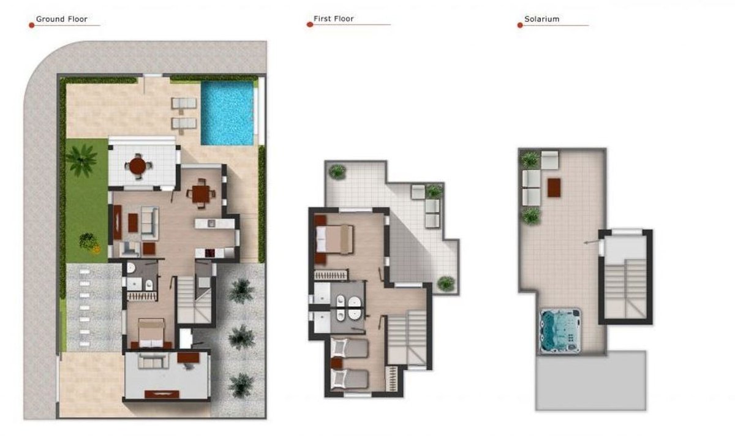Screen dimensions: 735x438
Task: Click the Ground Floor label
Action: pos(61,19)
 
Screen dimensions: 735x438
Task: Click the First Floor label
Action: pos(333,19)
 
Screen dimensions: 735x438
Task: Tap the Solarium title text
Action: pos(541,19)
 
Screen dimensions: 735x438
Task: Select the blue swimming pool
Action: pos(227,113)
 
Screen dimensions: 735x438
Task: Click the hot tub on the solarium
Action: pos(560,330)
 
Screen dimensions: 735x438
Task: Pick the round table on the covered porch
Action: pos(137,166)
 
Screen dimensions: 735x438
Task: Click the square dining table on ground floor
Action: pos(201,194)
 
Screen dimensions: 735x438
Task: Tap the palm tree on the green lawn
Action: pos(81,160)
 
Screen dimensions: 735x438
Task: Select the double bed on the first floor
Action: pos(334,239)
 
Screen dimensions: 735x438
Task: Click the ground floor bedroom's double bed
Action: pos(151,333)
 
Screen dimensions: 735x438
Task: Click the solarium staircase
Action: pos(625,289)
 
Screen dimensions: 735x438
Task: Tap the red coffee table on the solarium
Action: pos(554,187)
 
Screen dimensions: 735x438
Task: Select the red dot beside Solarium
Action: pos(520,25)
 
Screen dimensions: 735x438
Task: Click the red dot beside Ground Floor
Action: pos(31,25)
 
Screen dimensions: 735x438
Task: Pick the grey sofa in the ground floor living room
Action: pos(149,223)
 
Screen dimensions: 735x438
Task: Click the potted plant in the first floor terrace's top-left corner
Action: pos(337,172)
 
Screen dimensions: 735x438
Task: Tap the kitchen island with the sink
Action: pos(214,224)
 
